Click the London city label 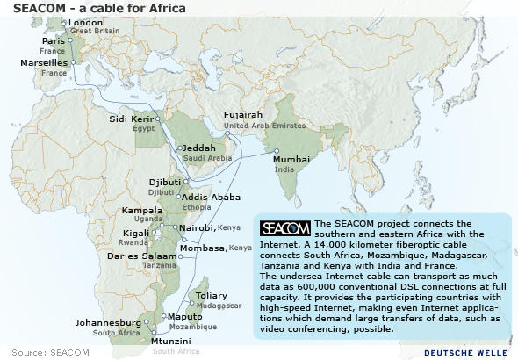coord(85,22)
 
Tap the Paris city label coord(54,41)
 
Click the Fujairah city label coord(243,115)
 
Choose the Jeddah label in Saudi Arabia coord(200,148)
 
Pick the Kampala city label coord(142,211)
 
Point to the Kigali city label coord(136,233)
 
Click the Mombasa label coord(201,248)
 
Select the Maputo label coord(184,316)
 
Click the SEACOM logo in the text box coord(285,228)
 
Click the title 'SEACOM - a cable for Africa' coord(99,8)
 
